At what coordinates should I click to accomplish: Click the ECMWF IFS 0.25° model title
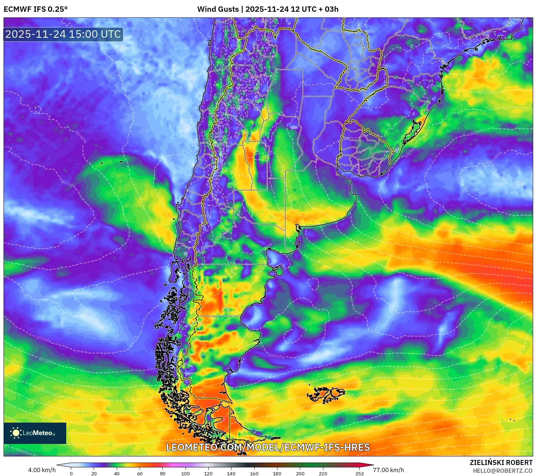[36, 9]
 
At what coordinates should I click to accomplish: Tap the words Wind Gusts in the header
[218, 9]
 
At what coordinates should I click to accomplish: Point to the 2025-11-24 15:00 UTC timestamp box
[63, 35]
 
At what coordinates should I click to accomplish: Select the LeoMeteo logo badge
[35, 433]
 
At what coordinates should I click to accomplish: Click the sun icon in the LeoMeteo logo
[16, 433]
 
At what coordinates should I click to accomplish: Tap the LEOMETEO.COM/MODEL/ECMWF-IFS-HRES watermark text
[268, 447]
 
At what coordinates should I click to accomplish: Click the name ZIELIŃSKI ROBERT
[501, 462]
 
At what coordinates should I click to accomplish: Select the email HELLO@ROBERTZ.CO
[503, 471]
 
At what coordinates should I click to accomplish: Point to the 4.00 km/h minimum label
[42, 470]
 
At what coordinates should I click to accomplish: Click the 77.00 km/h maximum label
[389, 470]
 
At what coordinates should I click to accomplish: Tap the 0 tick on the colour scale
[71, 474]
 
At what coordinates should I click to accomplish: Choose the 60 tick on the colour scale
[140, 474]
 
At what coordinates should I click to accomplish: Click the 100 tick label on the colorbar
[186, 474]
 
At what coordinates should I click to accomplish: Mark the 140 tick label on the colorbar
[231, 474]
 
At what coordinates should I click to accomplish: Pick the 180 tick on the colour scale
[277, 474]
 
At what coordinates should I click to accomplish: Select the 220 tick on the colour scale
[323, 474]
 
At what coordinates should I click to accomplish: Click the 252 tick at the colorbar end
[360, 474]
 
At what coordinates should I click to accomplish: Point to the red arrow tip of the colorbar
[370, 465]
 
